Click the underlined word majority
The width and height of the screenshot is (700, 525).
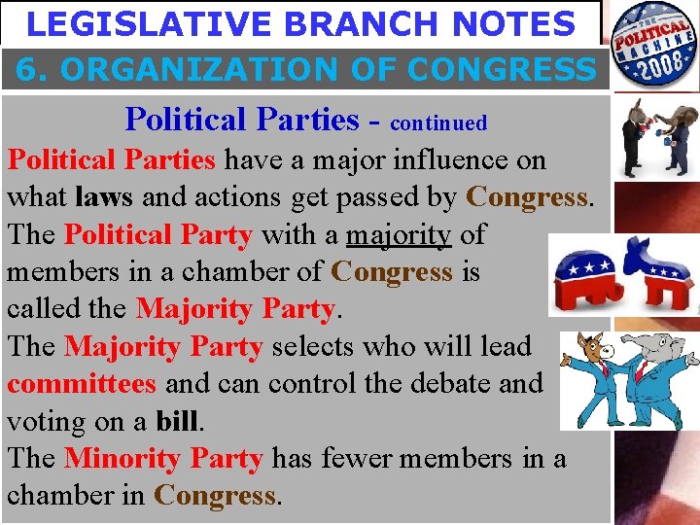398,234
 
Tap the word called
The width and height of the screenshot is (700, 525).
38,309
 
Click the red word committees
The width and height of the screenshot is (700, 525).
81,384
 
